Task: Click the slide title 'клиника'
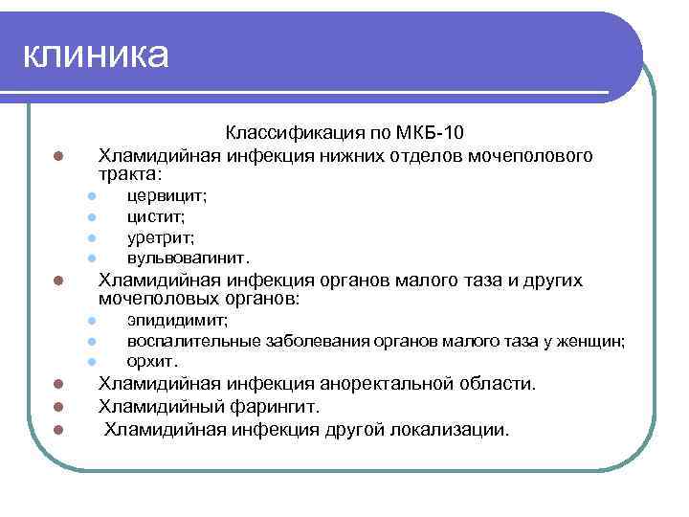pos(96,55)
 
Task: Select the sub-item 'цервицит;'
pos(167,195)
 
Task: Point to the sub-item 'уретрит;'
pos(161,237)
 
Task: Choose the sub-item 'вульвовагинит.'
pos(189,258)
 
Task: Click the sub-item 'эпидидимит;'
pos(177,320)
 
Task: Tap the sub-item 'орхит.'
pos(153,361)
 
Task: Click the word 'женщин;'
pos(594,340)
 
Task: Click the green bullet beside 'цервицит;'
pos(86,196)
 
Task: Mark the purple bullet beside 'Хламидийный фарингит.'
pos(57,408)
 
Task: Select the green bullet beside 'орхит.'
pos(86,362)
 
